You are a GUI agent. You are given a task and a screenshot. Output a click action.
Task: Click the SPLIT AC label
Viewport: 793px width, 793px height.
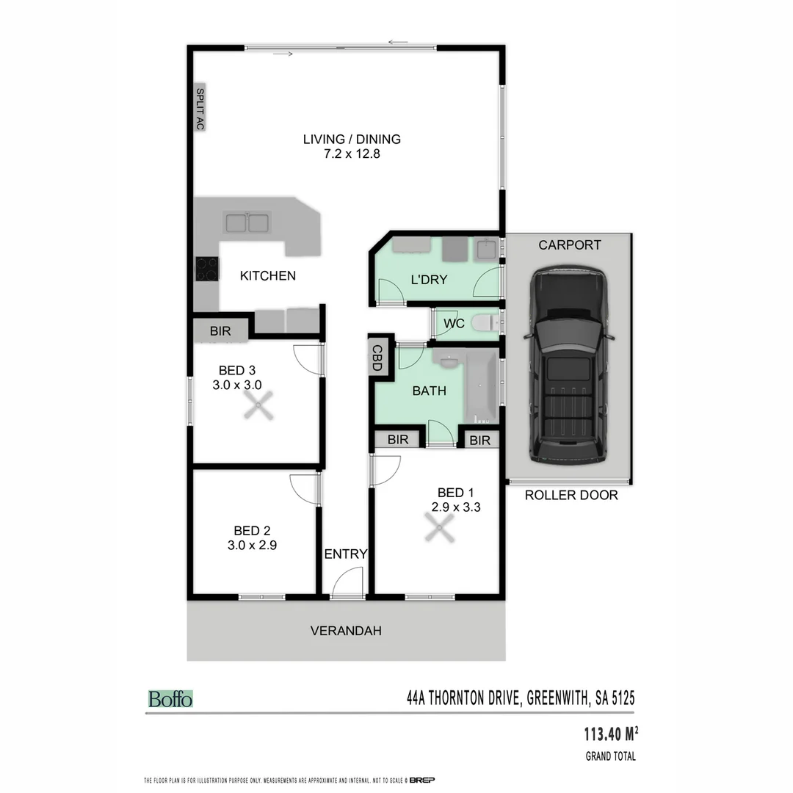(x=199, y=109)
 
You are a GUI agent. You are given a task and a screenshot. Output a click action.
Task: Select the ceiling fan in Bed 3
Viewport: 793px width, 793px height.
(x=258, y=405)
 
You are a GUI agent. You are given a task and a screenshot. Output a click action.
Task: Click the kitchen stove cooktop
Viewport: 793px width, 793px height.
(x=207, y=269)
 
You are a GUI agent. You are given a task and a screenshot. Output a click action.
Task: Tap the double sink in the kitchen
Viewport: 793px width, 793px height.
(x=247, y=222)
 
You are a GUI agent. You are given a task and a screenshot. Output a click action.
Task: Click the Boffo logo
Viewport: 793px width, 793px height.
(x=170, y=699)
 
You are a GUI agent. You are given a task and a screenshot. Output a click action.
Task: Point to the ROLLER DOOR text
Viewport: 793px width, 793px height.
(x=571, y=496)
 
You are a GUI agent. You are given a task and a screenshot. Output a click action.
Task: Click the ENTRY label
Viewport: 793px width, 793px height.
(x=345, y=554)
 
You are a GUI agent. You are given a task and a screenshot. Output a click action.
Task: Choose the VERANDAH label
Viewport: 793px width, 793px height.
(x=346, y=631)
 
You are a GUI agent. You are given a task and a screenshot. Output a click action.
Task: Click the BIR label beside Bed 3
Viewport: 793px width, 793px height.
(x=220, y=331)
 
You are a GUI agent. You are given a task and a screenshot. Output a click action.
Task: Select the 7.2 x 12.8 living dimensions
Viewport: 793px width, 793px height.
(x=352, y=154)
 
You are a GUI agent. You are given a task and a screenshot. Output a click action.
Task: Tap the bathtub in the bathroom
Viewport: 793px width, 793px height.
(x=482, y=386)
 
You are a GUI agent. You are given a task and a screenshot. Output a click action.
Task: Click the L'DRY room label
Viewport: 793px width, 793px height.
(x=429, y=280)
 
